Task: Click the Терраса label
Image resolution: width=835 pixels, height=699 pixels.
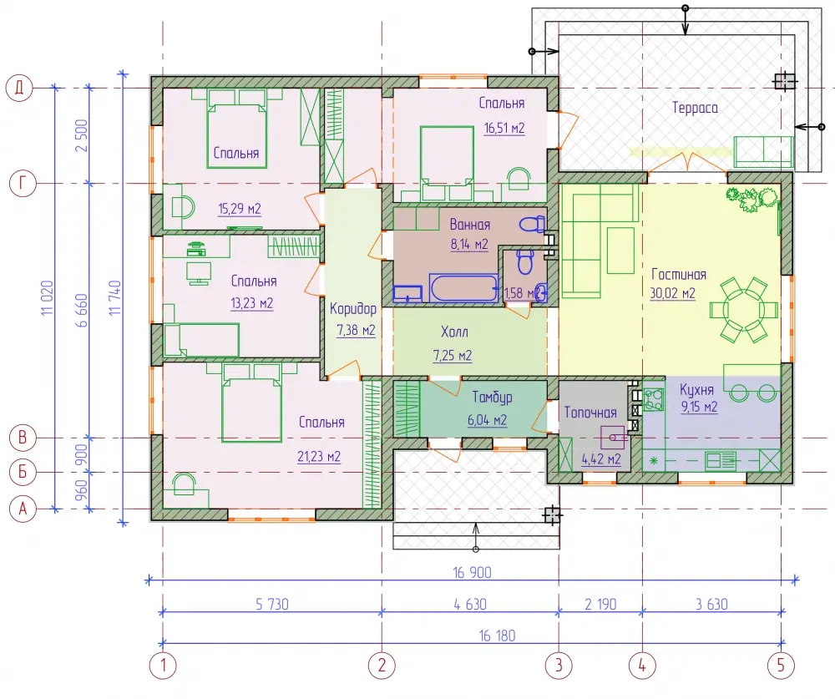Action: (695, 109)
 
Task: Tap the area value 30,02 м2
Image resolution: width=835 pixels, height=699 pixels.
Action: (672, 294)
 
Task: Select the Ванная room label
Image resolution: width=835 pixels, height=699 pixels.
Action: (469, 225)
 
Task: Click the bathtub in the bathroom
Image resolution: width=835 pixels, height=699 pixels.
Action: (463, 288)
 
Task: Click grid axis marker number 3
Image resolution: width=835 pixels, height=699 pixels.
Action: (559, 665)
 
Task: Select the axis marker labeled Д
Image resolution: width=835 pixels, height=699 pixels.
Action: (19, 88)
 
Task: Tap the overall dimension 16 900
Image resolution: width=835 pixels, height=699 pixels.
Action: (472, 573)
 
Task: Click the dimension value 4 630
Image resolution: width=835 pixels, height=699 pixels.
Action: (470, 604)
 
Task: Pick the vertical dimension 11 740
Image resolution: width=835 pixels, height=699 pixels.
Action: (115, 298)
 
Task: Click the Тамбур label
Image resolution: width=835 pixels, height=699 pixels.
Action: (492, 398)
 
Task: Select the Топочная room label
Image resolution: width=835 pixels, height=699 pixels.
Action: (590, 413)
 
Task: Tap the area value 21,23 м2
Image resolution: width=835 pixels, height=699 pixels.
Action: (319, 457)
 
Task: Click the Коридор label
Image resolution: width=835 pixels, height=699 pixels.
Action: (353, 309)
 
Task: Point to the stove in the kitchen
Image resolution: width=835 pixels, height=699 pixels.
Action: (654, 399)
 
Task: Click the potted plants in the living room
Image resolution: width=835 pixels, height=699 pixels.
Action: (751, 198)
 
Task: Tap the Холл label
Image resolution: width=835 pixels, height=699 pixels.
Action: (454, 332)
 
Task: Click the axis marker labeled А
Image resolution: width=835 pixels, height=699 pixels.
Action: (23, 509)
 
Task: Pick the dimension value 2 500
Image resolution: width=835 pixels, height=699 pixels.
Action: (82, 135)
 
